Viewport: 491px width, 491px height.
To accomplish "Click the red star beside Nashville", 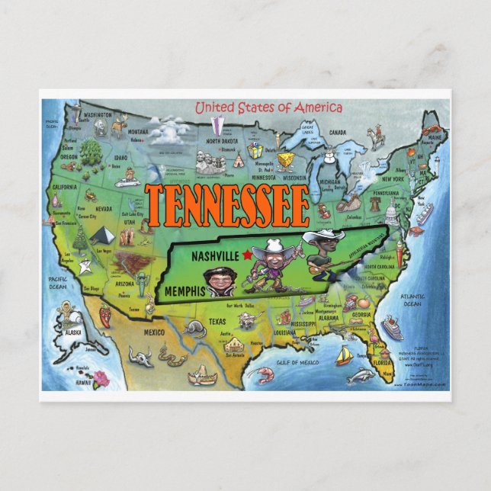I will coord(247,255).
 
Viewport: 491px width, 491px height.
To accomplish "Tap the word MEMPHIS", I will coord(182,290).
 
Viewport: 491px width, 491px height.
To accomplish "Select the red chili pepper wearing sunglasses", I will coord(106,314).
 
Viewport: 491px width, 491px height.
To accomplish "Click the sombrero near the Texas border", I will coord(203,374).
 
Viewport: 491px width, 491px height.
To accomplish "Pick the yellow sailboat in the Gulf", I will coord(344,355).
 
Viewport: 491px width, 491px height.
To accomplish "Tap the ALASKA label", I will coord(73,332).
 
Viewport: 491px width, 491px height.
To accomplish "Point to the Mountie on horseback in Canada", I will coord(374,136).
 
